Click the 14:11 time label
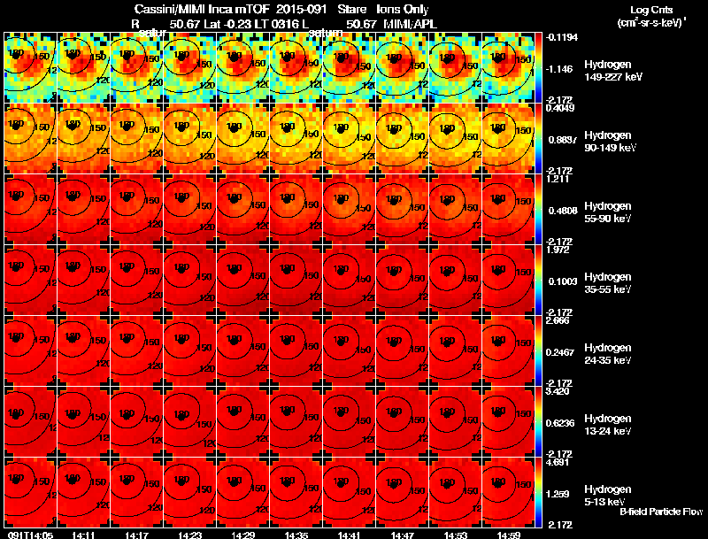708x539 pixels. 84,535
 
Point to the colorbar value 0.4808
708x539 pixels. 561,211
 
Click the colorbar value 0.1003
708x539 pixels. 561,281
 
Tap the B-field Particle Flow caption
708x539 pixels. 661,512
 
